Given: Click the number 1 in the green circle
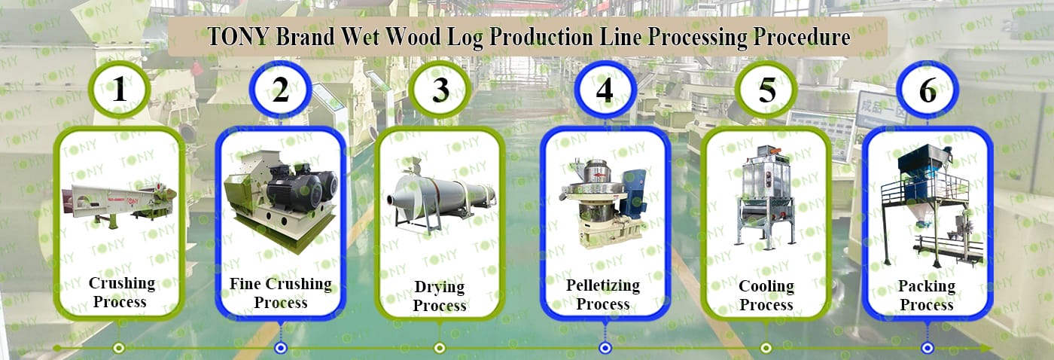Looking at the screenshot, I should click(x=120, y=90).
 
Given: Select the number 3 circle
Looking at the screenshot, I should click(x=440, y=90).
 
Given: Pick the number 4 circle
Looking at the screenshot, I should click(x=605, y=90).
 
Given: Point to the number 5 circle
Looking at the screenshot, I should click(x=766, y=90).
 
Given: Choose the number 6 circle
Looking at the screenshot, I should click(x=928, y=90).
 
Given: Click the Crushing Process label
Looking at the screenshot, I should click(x=121, y=292).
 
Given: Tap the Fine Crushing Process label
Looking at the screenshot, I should click(x=280, y=293).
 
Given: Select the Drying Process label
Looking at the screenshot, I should click(x=440, y=296).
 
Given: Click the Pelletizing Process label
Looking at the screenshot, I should click(x=603, y=294).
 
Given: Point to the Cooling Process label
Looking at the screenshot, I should click(x=766, y=295).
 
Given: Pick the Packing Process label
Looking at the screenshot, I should click(x=927, y=295).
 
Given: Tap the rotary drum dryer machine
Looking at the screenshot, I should click(x=441, y=192).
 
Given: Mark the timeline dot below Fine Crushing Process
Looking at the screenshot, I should click(x=281, y=347).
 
